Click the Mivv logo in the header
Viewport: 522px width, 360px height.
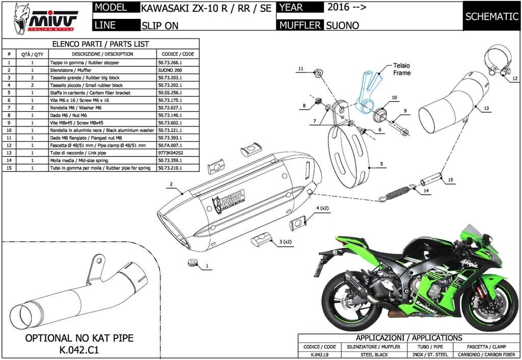(x=45, y=19)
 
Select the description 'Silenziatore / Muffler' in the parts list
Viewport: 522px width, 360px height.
(x=70, y=70)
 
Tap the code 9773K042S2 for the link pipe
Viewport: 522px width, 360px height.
(x=171, y=153)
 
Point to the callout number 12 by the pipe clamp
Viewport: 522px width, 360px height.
(x=515, y=79)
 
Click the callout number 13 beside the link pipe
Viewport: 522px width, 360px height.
(x=486, y=108)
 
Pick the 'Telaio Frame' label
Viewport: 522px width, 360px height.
(x=402, y=69)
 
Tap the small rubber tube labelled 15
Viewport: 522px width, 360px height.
(x=431, y=178)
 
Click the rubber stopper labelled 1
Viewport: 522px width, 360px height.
(x=192, y=263)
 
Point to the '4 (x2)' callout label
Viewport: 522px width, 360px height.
(x=322, y=208)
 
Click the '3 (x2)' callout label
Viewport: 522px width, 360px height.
(x=285, y=242)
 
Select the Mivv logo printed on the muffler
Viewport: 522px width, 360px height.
(x=229, y=201)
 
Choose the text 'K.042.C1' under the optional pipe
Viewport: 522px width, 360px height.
(x=79, y=350)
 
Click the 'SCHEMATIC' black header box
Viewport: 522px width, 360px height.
(x=492, y=16)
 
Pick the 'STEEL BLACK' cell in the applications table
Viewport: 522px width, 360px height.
(x=374, y=355)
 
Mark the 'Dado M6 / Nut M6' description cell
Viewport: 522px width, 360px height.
(x=69, y=115)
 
